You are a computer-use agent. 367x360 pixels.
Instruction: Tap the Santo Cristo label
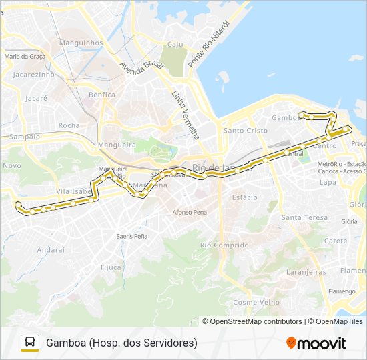click(x=245, y=131)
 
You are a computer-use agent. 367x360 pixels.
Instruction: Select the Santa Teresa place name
click(x=304, y=217)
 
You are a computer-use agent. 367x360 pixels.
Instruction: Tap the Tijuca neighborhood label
click(x=110, y=267)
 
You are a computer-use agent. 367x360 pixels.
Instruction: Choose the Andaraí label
click(x=51, y=249)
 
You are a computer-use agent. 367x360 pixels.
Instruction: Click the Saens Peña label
click(x=131, y=236)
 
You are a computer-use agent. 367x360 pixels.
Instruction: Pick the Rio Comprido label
click(x=224, y=245)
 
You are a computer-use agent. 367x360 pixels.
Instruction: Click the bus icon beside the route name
click(x=30, y=343)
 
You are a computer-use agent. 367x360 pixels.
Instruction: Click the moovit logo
click(x=316, y=343)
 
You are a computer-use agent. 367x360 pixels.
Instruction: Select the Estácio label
click(x=244, y=197)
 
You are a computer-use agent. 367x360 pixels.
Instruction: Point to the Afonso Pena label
click(x=190, y=212)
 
